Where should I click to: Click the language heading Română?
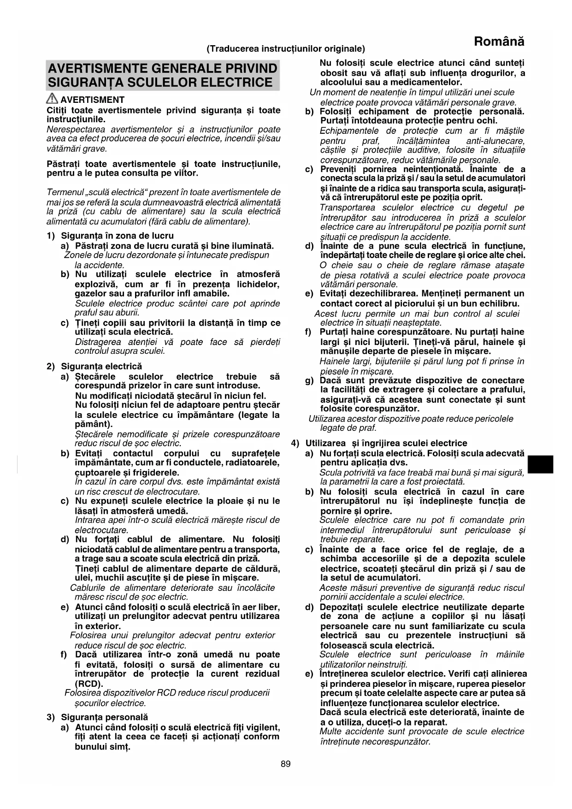499,42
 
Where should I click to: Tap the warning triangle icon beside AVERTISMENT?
52,99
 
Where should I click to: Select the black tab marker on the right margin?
540,464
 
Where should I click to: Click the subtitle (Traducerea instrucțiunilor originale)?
286,49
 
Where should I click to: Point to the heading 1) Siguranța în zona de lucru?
111,236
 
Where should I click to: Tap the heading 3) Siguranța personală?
97,717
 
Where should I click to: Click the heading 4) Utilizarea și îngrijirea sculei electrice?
379,443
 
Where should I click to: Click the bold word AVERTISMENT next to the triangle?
93,100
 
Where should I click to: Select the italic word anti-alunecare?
495,141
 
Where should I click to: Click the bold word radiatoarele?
252,463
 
